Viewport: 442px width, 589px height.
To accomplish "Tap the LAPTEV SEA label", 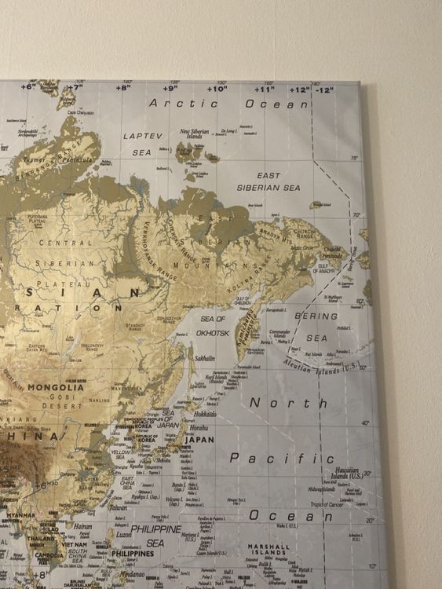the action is pos(142,144).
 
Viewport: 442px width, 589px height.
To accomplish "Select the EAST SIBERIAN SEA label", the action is pos(268,182).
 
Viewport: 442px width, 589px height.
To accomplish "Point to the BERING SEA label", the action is pos(316,327).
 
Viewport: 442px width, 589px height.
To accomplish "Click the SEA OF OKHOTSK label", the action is pos(213,326).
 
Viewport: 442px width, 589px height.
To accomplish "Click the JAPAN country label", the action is pos(199,441).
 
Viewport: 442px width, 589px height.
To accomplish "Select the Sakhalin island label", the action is pos(204,358).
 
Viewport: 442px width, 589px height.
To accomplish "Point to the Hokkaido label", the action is pos(205,414).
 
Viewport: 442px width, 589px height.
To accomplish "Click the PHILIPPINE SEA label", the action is pos(155,536).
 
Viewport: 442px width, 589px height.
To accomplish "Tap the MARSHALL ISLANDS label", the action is pos(268,550).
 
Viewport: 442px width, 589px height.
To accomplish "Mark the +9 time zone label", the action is pos(170,89).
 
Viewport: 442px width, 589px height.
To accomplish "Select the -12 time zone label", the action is pos(323,90).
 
